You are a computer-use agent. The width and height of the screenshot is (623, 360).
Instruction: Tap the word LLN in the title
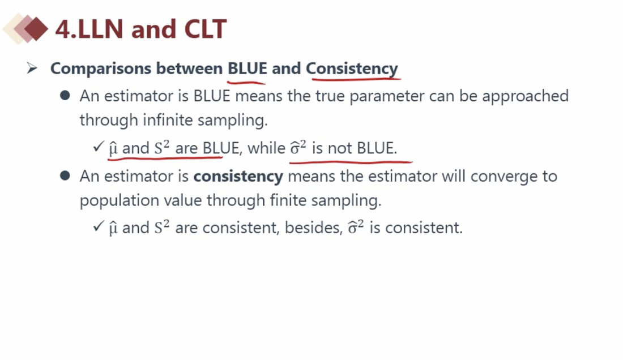(x=100, y=29)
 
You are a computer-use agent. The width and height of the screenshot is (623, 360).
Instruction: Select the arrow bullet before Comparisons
(x=32, y=68)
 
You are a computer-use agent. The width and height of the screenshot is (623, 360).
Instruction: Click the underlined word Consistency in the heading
(x=352, y=69)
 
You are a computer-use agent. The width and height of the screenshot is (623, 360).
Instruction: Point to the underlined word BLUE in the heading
(x=247, y=68)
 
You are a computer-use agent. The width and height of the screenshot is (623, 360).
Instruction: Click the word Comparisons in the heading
(x=101, y=69)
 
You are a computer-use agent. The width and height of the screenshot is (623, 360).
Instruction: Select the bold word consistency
(x=238, y=176)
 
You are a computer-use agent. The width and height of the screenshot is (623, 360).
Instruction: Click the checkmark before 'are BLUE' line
(x=99, y=147)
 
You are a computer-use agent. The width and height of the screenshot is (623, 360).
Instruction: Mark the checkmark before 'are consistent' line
(x=99, y=226)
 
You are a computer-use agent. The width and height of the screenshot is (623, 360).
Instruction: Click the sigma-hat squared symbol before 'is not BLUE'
(x=298, y=148)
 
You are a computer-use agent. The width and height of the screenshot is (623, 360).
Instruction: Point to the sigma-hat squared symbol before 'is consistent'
(x=356, y=228)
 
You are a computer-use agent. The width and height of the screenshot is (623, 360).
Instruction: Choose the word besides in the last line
(x=314, y=228)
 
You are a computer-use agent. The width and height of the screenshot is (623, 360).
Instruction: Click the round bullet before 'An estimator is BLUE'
(x=65, y=95)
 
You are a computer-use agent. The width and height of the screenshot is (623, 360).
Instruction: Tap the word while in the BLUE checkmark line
(x=266, y=148)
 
